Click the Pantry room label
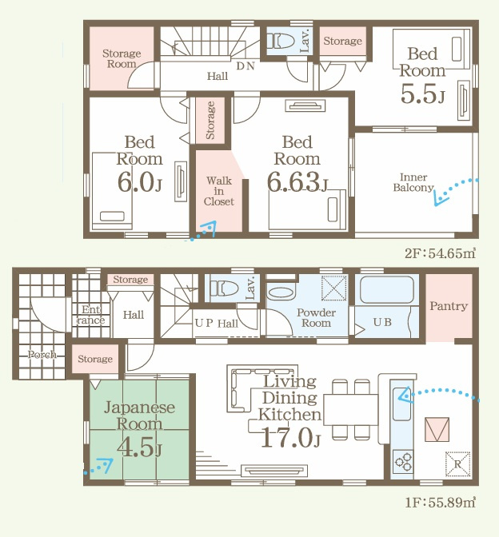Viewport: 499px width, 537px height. (x=449, y=305)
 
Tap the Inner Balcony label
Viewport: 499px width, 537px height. (x=413, y=182)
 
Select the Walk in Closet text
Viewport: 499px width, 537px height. (x=219, y=191)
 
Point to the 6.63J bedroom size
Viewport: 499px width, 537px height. (x=297, y=182)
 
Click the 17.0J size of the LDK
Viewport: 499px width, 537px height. (x=290, y=438)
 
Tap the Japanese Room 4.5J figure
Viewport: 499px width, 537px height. (x=139, y=447)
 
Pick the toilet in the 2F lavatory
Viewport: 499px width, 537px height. (x=281, y=41)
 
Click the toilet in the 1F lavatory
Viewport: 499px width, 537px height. (x=224, y=288)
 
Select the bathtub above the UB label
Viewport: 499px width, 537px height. (x=386, y=289)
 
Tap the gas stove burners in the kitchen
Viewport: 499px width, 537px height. (x=403, y=462)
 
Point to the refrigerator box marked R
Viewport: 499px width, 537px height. (x=457, y=464)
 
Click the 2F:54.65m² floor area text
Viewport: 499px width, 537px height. (x=440, y=253)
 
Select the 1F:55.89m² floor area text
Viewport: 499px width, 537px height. (x=440, y=503)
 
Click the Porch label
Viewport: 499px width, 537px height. (x=42, y=354)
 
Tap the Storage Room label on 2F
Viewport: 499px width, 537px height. (x=122, y=58)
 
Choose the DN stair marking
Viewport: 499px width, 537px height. (x=246, y=66)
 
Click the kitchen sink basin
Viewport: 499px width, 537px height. (x=401, y=404)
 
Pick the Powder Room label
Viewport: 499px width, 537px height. (x=316, y=317)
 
